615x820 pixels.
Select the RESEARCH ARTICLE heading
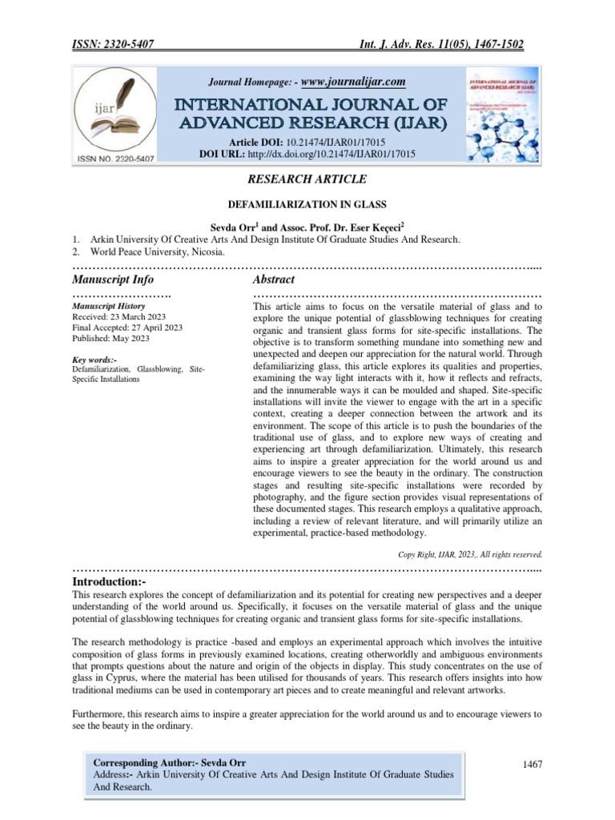307,179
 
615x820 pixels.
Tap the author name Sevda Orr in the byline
229,227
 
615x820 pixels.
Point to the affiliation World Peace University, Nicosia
149,252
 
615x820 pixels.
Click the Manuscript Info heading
113,279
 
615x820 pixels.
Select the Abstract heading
273,279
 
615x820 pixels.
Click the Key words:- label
94,360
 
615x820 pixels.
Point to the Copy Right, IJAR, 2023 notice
470,553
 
